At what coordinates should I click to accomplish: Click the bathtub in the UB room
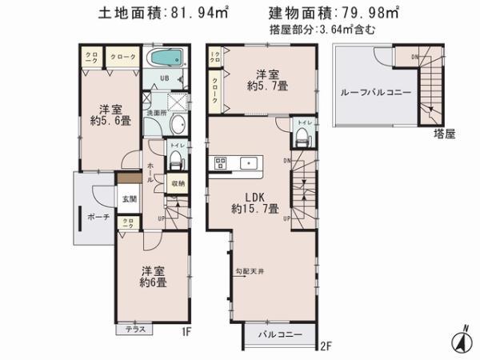(x=166, y=59)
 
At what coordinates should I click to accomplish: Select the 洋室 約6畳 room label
(x=154, y=276)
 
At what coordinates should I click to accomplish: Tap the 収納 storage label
(x=177, y=183)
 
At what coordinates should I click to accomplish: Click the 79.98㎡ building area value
(x=373, y=14)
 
